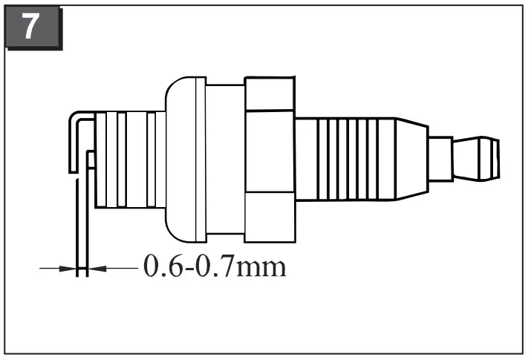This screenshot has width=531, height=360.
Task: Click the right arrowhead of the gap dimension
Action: [x=95, y=268]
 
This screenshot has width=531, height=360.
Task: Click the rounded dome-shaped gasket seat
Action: [x=177, y=157]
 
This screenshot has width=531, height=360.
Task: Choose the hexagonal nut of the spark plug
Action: [x=270, y=157]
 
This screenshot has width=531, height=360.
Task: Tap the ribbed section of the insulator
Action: [x=349, y=157]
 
